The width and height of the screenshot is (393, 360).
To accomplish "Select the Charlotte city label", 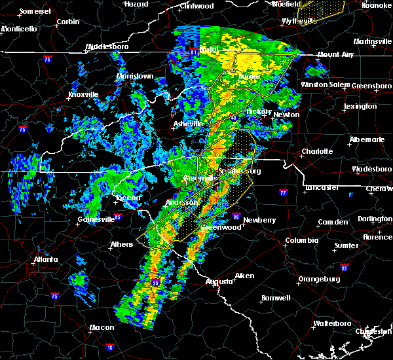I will pyautogui.click(x=317, y=151).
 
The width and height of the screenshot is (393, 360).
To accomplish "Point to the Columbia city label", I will pyautogui.click(x=301, y=240).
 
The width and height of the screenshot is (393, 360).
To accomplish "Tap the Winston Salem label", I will pyautogui.click(x=326, y=85).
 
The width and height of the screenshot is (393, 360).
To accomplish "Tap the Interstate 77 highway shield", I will pyautogui.click(x=283, y=193).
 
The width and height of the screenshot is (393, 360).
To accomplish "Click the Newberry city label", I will pyautogui.click(x=260, y=220).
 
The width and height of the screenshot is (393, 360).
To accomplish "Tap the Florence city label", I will pyautogui.click(x=378, y=236).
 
